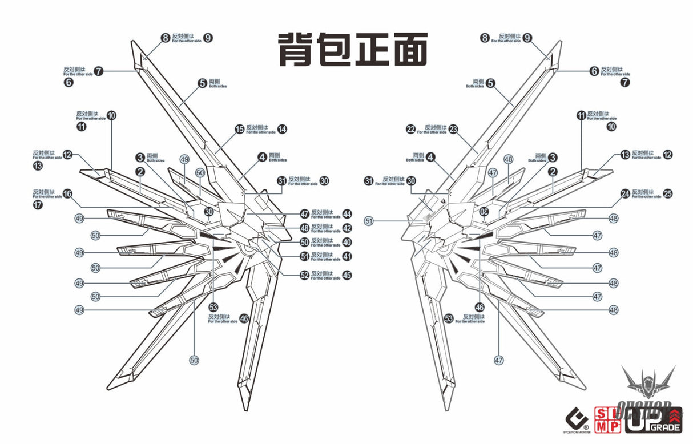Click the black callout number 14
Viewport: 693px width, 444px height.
tap(282, 129)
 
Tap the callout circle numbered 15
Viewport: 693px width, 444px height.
tap(240, 130)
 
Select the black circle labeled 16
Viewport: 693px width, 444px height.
tap(67, 194)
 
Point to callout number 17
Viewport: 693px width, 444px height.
tap(38, 204)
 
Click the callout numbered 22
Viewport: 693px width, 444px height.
tap(410, 130)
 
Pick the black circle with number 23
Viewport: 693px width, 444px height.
tap(453, 130)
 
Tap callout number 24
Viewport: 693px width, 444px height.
tap(625, 194)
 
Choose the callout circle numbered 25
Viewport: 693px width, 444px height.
tap(668, 194)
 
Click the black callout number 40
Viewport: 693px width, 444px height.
tap(347, 242)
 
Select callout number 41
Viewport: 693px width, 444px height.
tap(347, 256)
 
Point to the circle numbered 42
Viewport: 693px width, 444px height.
tap(347, 228)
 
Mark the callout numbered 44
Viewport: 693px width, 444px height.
tap(347, 214)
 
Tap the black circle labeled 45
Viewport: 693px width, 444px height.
tap(347, 275)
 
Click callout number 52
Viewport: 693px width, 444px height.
tap(304, 275)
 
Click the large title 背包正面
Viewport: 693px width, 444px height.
tap(353, 50)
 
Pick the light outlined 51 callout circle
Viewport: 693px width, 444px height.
tap(369, 221)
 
